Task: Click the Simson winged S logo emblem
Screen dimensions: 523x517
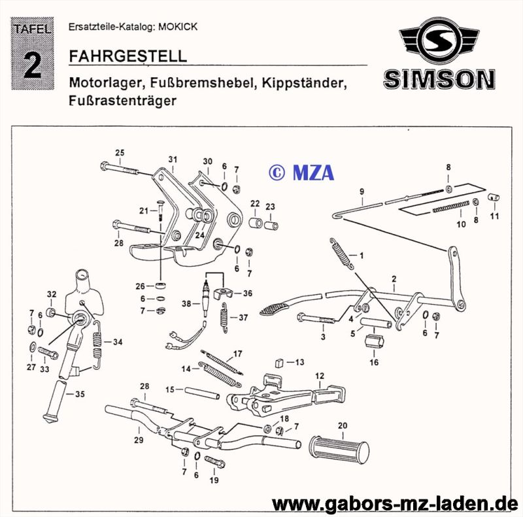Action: [439, 42]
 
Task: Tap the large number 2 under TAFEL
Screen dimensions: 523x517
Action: [33, 65]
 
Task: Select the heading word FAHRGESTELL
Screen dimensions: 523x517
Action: [127, 56]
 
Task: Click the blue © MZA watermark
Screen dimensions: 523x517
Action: [301, 173]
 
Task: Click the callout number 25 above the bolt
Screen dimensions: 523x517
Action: [120, 152]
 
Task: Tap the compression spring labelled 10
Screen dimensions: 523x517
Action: [451, 207]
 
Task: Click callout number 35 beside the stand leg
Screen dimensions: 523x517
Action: [80, 394]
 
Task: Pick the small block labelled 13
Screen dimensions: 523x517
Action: [280, 363]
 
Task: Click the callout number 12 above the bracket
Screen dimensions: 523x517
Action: [320, 376]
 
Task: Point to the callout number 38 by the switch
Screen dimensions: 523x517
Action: [186, 303]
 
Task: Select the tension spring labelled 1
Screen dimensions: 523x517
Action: [341, 253]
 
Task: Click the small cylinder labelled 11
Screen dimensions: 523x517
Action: [494, 197]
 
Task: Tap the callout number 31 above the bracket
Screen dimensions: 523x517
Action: [173, 159]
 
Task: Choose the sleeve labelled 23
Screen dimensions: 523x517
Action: [271, 225]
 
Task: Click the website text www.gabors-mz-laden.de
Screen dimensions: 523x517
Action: [395, 504]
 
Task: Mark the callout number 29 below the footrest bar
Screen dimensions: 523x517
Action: [139, 440]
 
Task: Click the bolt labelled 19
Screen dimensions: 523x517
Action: [215, 462]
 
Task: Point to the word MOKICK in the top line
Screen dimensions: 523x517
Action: [178, 27]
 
